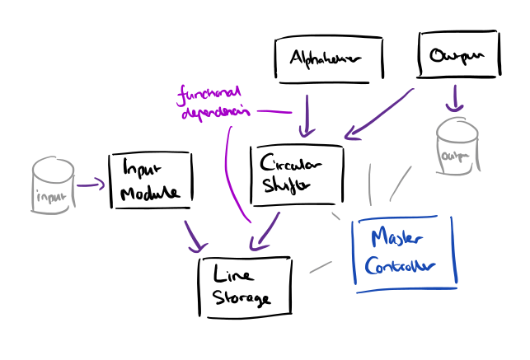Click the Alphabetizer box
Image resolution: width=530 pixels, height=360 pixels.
click(330, 59)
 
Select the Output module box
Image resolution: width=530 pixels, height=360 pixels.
click(458, 56)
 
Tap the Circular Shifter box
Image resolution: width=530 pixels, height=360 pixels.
click(296, 175)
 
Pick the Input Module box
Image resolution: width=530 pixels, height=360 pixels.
click(150, 180)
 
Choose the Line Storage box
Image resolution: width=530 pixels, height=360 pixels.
click(246, 285)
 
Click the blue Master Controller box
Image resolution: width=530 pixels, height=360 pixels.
click(404, 253)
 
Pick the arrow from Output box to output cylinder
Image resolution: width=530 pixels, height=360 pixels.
click(452, 98)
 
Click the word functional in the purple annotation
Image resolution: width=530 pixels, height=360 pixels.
click(206, 93)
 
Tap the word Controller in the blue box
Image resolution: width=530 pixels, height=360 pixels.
click(400, 268)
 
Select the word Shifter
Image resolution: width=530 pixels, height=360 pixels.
click(284, 186)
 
